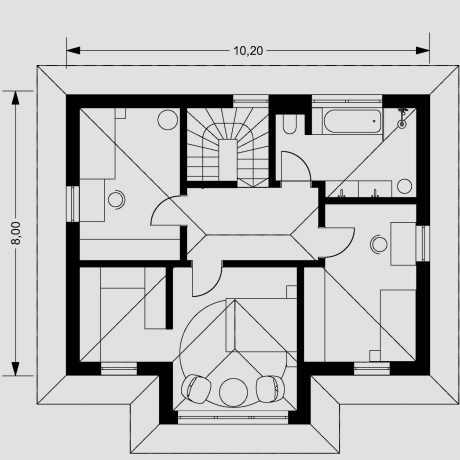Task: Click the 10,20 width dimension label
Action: pyautogui.click(x=248, y=51)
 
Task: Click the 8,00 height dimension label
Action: pyautogui.click(x=16, y=233)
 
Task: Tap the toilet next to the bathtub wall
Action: pyautogui.click(x=289, y=124)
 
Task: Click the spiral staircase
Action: pyautogui.click(x=228, y=148)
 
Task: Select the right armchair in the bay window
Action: pyautogui.click(x=270, y=387)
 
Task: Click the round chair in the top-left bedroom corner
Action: pyautogui.click(x=168, y=119)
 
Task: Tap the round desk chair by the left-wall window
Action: pyautogui.click(x=116, y=200)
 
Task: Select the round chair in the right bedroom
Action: pyautogui.click(x=379, y=244)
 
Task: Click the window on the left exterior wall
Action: pyautogui.click(x=73, y=204)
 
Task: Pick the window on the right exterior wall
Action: pyautogui.click(x=423, y=244)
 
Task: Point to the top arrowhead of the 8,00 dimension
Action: pyautogui.click(x=15, y=98)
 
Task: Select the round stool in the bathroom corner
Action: pyautogui.click(x=404, y=186)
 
